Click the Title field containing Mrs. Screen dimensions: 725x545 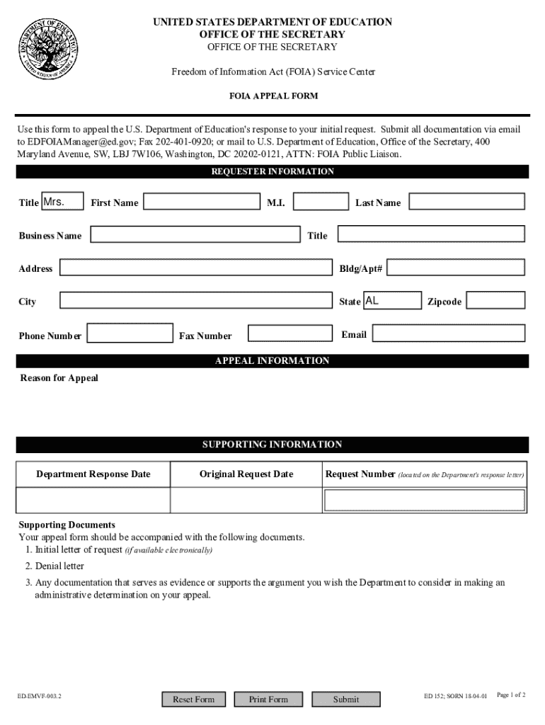coord(62,202)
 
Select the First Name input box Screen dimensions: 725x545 coord(202,202)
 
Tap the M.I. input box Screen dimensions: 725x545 coord(319,202)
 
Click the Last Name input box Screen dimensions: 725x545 coord(467,202)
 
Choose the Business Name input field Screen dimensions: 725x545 coord(195,235)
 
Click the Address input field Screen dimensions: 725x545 coord(196,268)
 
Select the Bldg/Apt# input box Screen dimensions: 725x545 coord(456,268)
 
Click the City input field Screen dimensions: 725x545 coord(196,301)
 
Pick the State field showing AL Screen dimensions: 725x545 coord(392,301)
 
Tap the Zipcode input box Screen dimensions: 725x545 coord(495,301)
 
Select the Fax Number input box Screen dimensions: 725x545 coord(290,333)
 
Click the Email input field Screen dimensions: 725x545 coord(449,333)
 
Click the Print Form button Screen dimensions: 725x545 coord(268,700)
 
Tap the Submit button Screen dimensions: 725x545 coord(346,700)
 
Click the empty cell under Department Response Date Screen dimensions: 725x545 coord(93,501)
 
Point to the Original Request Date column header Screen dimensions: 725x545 coord(246,474)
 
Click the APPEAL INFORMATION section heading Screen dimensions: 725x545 coord(272,361)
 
